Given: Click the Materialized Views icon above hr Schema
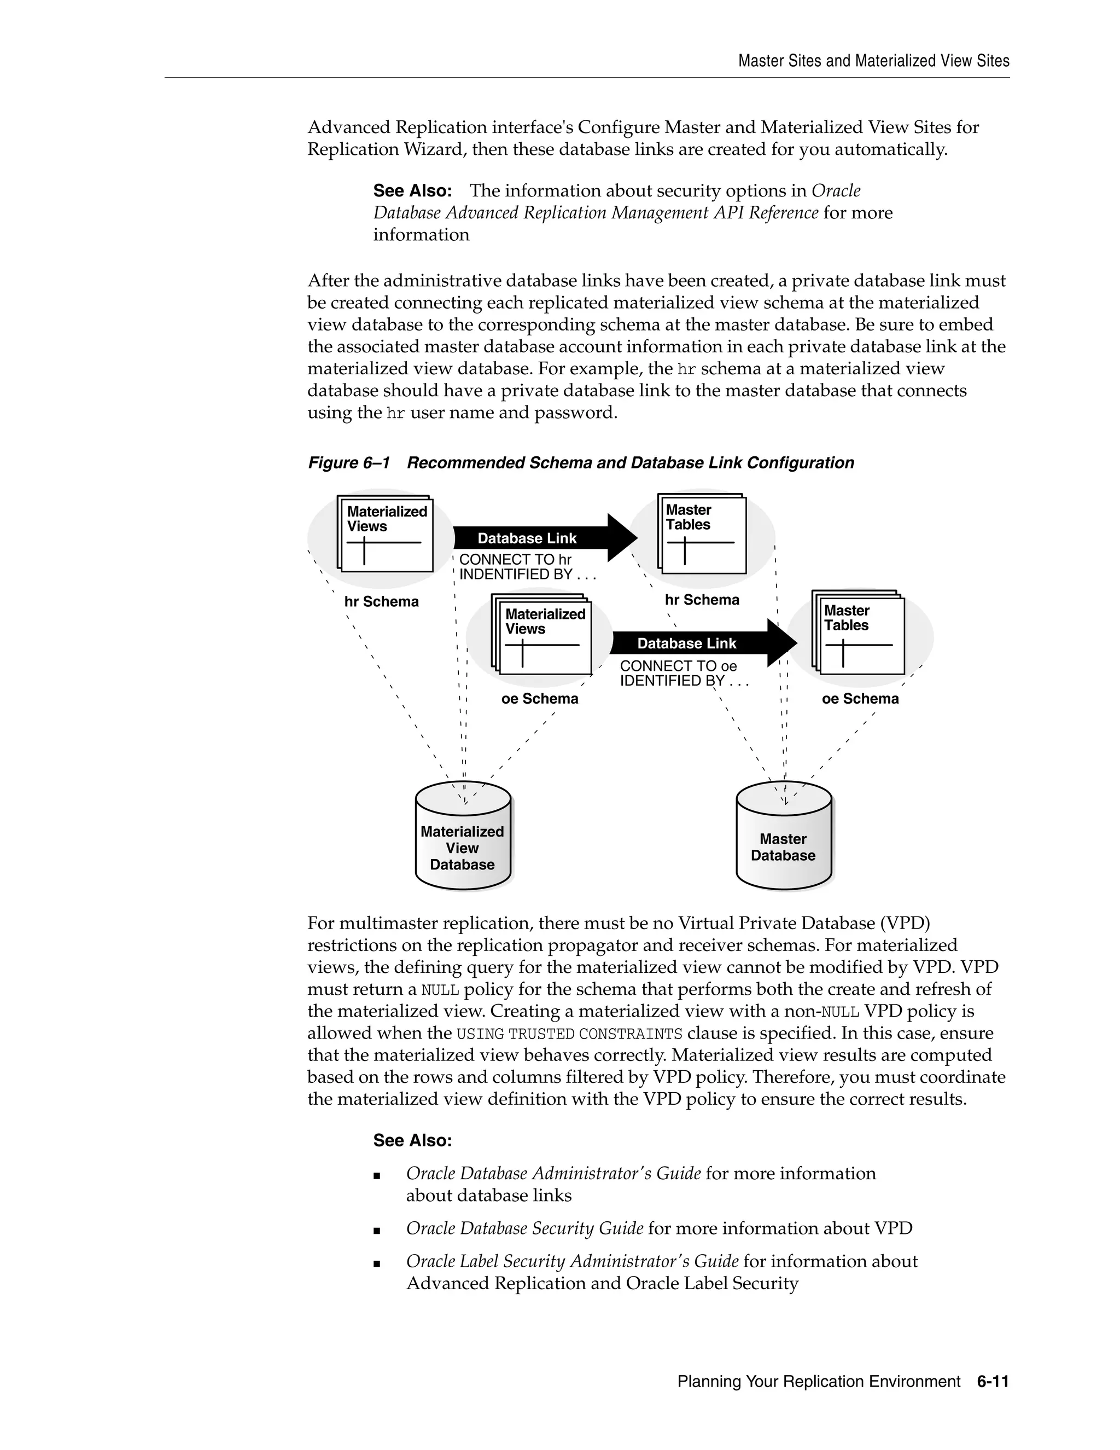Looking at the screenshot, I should [386, 534].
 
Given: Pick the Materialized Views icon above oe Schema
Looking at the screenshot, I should [542, 636].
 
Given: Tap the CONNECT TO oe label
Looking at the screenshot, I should [678, 666].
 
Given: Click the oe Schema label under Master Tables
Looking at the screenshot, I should [860, 699].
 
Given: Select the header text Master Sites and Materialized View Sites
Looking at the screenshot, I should [873, 61].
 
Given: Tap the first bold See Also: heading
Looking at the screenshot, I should [412, 191].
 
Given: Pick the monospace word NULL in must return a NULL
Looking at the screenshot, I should [440, 990].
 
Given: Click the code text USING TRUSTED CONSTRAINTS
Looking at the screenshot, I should [569, 1034].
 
